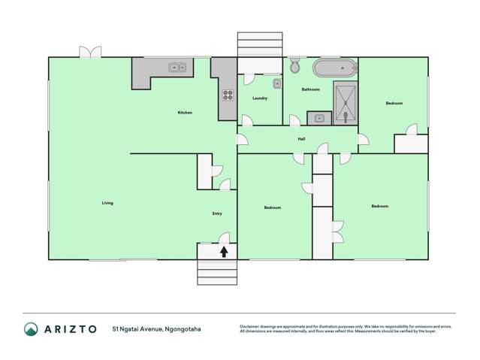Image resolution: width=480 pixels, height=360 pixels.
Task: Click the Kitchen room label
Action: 185,113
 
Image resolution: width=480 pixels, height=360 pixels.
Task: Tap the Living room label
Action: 107,203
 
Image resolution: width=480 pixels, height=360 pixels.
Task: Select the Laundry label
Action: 260,98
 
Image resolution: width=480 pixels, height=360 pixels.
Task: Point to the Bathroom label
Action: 310,89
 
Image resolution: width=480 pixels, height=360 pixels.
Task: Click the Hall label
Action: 301,139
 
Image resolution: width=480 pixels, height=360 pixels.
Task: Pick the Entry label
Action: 217,213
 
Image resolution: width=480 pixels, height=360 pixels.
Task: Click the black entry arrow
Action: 224,252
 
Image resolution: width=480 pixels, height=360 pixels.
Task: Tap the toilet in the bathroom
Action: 294,66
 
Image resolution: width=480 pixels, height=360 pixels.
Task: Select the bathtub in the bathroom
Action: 334,68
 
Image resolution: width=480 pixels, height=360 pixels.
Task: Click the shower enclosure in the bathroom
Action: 346,103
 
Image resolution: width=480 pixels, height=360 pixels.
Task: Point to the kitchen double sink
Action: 177,68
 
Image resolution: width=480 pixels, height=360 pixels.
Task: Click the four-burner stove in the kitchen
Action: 227,95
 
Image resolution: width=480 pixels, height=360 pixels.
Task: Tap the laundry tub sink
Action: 276,83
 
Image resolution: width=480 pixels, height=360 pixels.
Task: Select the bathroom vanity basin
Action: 319,118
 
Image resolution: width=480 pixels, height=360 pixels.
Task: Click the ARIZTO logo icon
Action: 31,328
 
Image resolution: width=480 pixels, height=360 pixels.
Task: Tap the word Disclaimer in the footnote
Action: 251,326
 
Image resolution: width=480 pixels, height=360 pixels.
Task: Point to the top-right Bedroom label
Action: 394,103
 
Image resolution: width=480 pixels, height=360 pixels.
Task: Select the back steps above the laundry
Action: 260,44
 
